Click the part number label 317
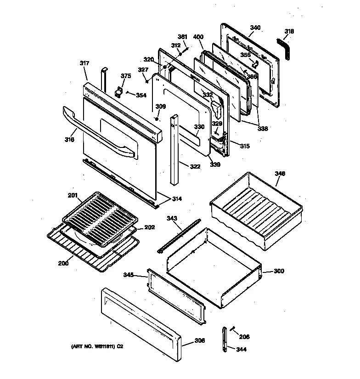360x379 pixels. point(84,63)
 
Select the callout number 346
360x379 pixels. point(280,173)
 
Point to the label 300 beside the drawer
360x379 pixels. point(279,271)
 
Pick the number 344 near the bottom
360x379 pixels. point(241,350)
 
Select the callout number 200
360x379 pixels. point(63,263)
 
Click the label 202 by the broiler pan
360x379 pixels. point(150,227)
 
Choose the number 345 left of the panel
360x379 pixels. point(129,275)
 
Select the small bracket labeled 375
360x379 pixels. point(120,91)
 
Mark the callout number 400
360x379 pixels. point(198,37)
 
